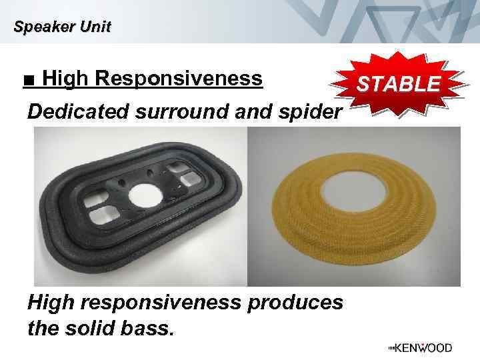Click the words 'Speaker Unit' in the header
[x=62, y=27]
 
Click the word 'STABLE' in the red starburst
[x=399, y=85]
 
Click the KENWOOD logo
[x=419, y=348]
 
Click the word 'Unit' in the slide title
[x=97, y=27]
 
